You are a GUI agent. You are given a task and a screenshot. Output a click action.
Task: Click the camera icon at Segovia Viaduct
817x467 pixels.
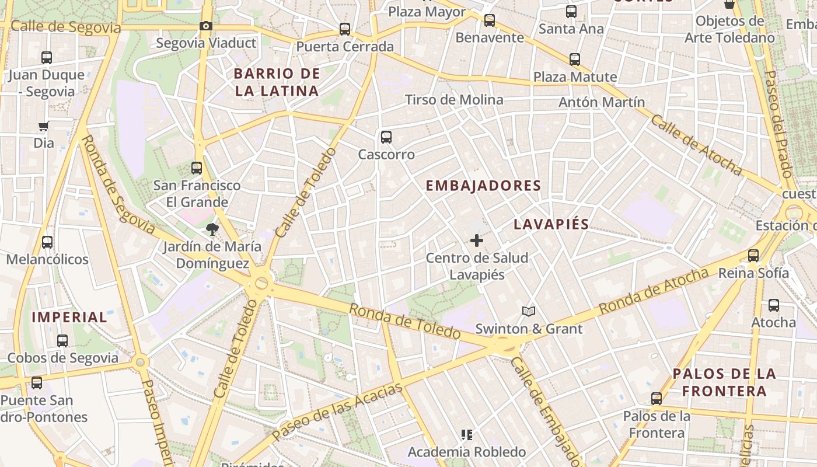point(205,26)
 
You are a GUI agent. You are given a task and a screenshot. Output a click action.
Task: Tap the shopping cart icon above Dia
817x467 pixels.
point(43,126)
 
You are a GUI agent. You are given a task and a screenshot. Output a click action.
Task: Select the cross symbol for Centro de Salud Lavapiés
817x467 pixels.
point(477,240)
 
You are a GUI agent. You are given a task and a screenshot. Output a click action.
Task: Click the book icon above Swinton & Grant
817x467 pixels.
point(529,312)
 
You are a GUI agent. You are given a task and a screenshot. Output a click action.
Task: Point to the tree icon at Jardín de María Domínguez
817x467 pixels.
point(212,229)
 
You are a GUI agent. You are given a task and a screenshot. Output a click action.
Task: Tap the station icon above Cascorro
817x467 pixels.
point(386,137)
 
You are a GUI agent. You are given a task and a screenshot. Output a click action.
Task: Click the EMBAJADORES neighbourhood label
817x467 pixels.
point(483,186)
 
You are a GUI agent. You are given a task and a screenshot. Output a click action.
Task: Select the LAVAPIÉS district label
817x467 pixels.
point(551,225)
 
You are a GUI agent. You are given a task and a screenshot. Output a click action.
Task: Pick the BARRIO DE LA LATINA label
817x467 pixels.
point(277,82)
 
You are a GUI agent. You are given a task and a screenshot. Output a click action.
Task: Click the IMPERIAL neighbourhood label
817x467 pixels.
point(69,318)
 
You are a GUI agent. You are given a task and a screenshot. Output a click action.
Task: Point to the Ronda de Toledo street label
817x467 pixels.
point(405,321)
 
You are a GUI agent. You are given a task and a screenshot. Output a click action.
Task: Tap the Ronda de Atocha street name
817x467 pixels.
point(654,291)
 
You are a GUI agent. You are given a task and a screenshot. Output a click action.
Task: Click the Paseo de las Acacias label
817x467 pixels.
point(337,411)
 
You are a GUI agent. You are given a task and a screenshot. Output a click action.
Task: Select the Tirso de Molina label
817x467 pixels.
point(454,100)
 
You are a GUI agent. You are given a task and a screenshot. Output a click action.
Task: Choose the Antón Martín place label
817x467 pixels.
point(602,102)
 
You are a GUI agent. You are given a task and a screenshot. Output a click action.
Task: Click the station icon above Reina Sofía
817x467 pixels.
point(753,256)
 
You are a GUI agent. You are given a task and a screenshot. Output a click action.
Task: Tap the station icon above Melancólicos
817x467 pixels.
point(47,242)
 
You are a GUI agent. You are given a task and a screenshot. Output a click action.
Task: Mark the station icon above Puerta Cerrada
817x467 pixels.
point(345,29)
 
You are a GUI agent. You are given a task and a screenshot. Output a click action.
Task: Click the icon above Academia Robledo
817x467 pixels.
point(466,434)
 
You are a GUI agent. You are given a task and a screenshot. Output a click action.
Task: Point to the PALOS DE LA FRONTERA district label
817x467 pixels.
point(724,382)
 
